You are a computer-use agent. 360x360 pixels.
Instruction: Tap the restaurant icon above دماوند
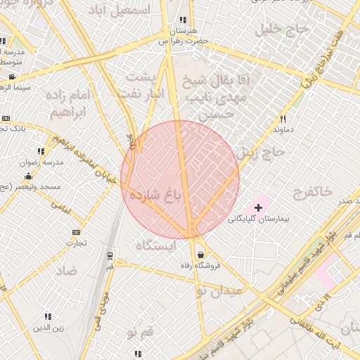[x=283, y=119]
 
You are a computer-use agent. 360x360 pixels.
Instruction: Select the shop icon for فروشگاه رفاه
[x=202, y=255]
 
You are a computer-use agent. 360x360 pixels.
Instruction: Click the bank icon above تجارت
[x=76, y=232]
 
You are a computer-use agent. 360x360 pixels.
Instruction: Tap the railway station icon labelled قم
[x=110, y=256]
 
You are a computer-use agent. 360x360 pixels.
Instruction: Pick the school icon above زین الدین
[x=48, y=316]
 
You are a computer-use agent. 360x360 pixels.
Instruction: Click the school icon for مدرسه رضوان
[x=41, y=150]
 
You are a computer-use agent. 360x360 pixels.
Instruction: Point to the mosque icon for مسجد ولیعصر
[x=27, y=176]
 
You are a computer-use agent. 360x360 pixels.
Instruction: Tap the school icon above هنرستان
[x=184, y=20]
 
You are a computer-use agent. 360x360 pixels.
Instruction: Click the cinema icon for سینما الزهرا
[x=12, y=77]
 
